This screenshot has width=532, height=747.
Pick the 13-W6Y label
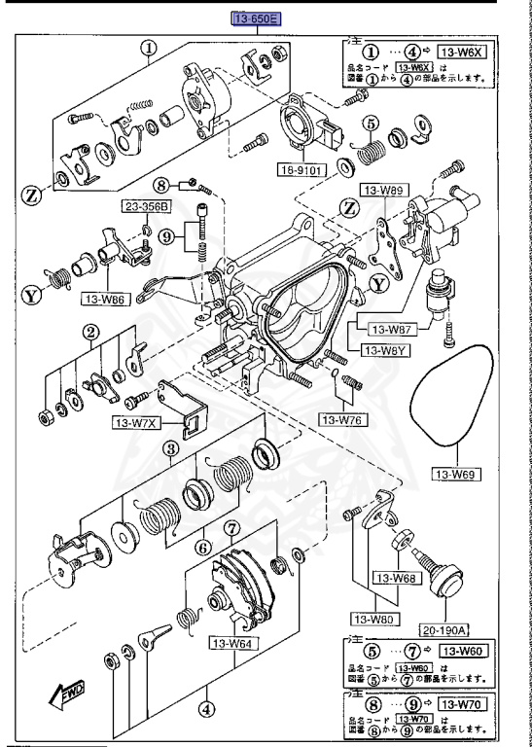pyautogui.click(x=384, y=350)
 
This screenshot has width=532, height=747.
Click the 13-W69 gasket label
pyautogui.click(x=455, y=475)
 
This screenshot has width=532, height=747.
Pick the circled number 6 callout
pyautogui.click(x=202, y=546)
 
